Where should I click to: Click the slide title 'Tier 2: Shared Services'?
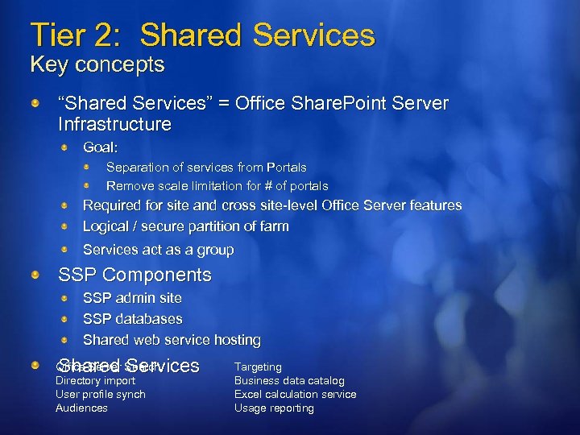(x=202, y=35)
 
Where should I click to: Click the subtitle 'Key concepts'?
(x=97, y=64)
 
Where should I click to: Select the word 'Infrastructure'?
(x=114, y=124)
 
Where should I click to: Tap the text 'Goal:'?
(x=101, y=147)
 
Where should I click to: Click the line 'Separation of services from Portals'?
(x=206, y=168)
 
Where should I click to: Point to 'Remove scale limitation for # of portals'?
(x=217, y=185)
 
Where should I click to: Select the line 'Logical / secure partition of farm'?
(x=185, y=226)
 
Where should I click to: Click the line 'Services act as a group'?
(x=158, y=250)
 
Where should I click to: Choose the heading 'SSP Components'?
(x=135, y=275)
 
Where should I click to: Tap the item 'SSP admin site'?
(x=132, y=298)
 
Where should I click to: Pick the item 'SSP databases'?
(x=132, y=319)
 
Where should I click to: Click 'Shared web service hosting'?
(x=172, y=340)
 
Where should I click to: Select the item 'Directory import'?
(x=95, y=380)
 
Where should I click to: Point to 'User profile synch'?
(x=100, y=394)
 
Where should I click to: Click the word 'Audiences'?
(x=81, y=408)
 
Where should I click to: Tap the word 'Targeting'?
(x=258, y=367)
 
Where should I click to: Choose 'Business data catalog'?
(x=289, y=380)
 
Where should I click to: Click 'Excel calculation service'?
(x=295, y=394)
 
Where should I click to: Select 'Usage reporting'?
(x=274, y=408)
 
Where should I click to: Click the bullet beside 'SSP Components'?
(x=37, y=275)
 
